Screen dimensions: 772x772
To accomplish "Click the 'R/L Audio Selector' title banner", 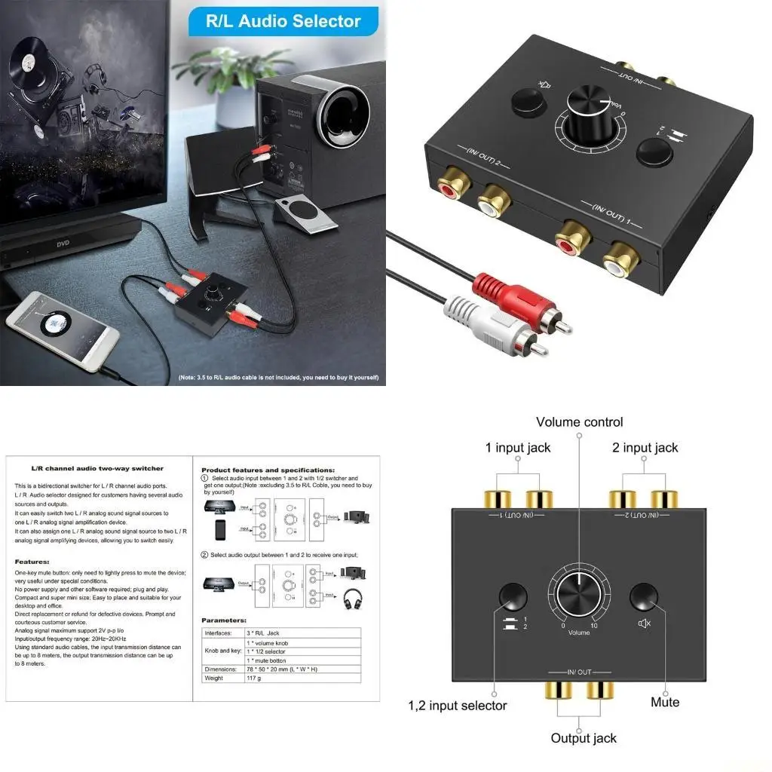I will [x=283, y=20].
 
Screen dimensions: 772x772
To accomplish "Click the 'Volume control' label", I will [x=579, y=422].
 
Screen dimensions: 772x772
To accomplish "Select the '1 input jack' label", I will [x=518, y=448].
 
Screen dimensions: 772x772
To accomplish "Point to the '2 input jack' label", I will [x=645, y=448].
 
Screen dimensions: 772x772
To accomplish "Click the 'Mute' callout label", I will [x=665, y=702].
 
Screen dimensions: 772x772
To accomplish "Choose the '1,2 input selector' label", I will [x=458, y=706].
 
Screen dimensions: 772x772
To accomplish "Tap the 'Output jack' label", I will [x=584, y=738].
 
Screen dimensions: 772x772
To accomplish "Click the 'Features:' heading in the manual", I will [x=32, y=562].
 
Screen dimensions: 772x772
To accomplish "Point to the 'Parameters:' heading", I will [x=225, y=620].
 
